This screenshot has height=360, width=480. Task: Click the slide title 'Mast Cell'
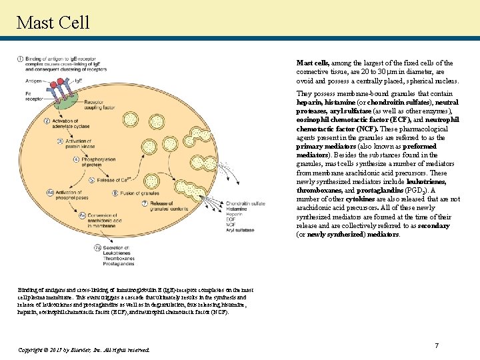(53, 23)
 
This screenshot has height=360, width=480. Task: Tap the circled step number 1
(21, 59)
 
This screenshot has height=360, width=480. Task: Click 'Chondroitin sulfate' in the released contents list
(245, 204)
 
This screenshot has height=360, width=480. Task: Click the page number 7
(436, 345)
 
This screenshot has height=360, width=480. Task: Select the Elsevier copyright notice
(84, 349)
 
